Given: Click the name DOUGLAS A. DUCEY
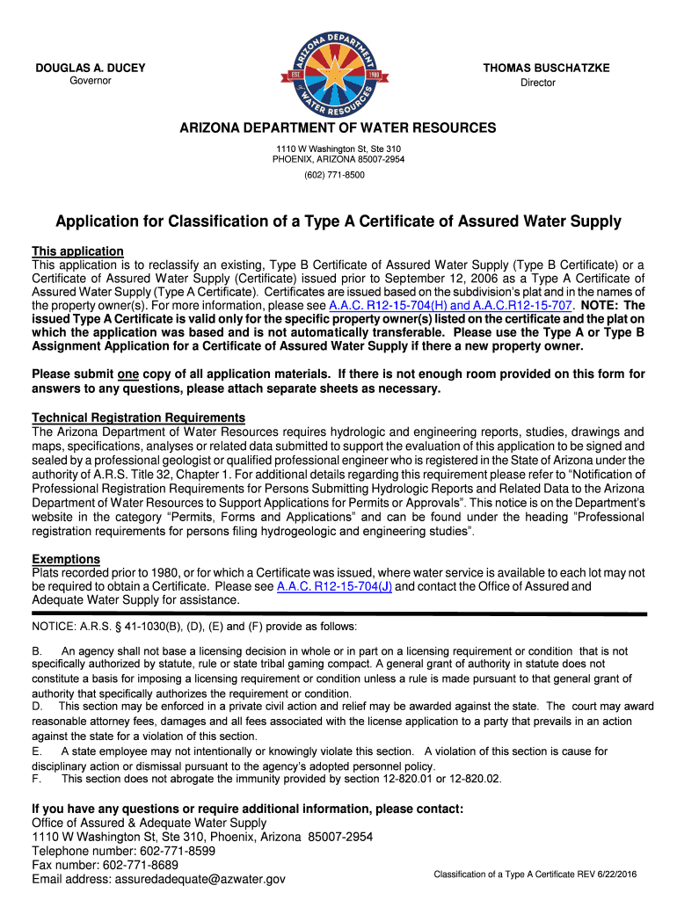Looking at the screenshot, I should click(x=91, y=69).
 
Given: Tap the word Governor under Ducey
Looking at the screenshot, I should click(x=91, y=81).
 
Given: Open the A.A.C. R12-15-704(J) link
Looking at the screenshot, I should click(x=334, y=586).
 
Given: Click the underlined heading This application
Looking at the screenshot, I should click(x=77, y=251).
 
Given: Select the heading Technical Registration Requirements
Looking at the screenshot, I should click(x=138, y=417).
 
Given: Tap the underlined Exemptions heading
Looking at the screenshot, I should click(x=66, y=559).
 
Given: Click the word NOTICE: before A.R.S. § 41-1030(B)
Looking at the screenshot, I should click(x=54, y=627).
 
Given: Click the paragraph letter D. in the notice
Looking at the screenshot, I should click(x=38, y=706).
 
